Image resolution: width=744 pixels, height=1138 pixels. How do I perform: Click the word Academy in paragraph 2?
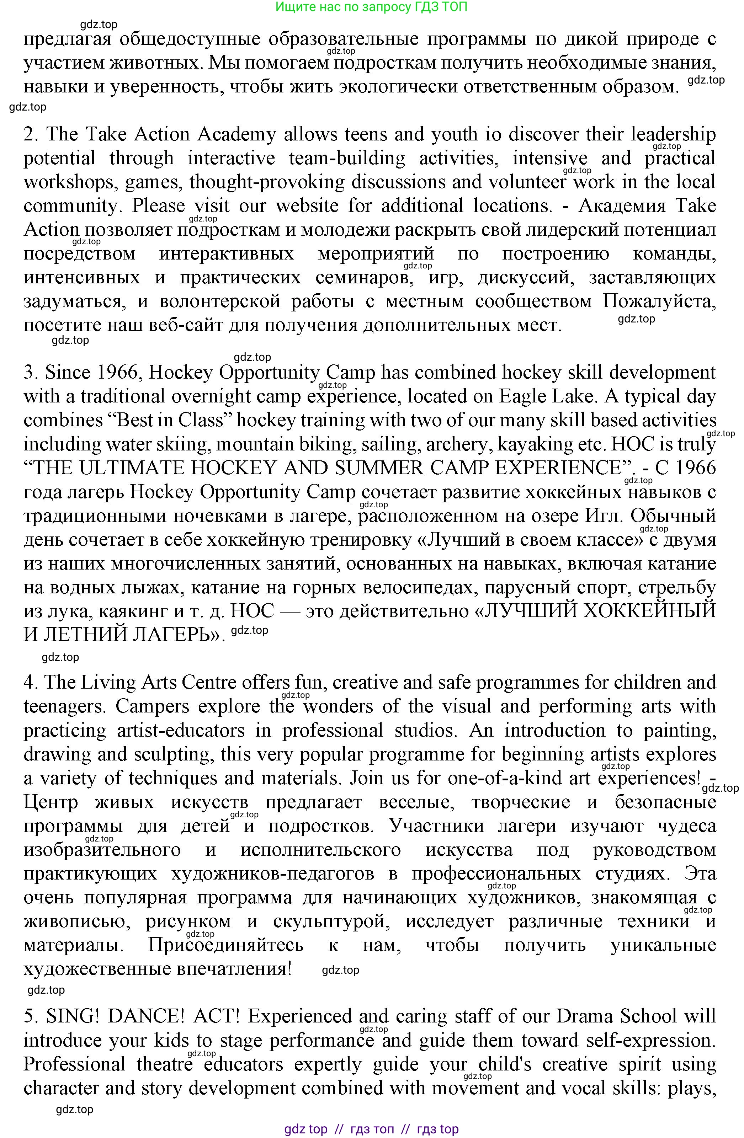tap(237, 134)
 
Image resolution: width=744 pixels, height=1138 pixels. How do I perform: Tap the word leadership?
tap(673, 134)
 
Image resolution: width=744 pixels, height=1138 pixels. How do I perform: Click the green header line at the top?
tap(371, 7)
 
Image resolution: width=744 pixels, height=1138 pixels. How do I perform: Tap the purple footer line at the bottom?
tap(371, 1129)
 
